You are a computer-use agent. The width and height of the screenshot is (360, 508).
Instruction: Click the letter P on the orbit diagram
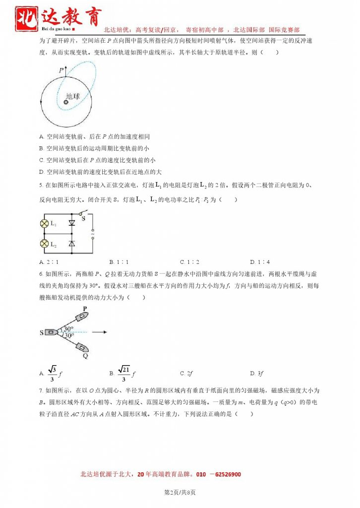pos(60,71)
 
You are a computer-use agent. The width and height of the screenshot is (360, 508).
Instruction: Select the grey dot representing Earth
pos(65,102)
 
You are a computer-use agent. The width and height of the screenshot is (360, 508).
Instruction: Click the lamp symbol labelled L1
pos(44,224)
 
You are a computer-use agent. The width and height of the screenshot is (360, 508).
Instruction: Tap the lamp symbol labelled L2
pos(44,244)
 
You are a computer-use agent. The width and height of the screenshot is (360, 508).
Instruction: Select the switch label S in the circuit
pos(83,218)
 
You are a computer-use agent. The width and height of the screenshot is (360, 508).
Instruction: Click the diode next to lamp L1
pos(71,224)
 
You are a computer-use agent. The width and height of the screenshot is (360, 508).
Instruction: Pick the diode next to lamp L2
pos(71,244)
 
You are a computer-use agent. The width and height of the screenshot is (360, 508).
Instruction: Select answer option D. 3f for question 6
pos(257,373)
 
